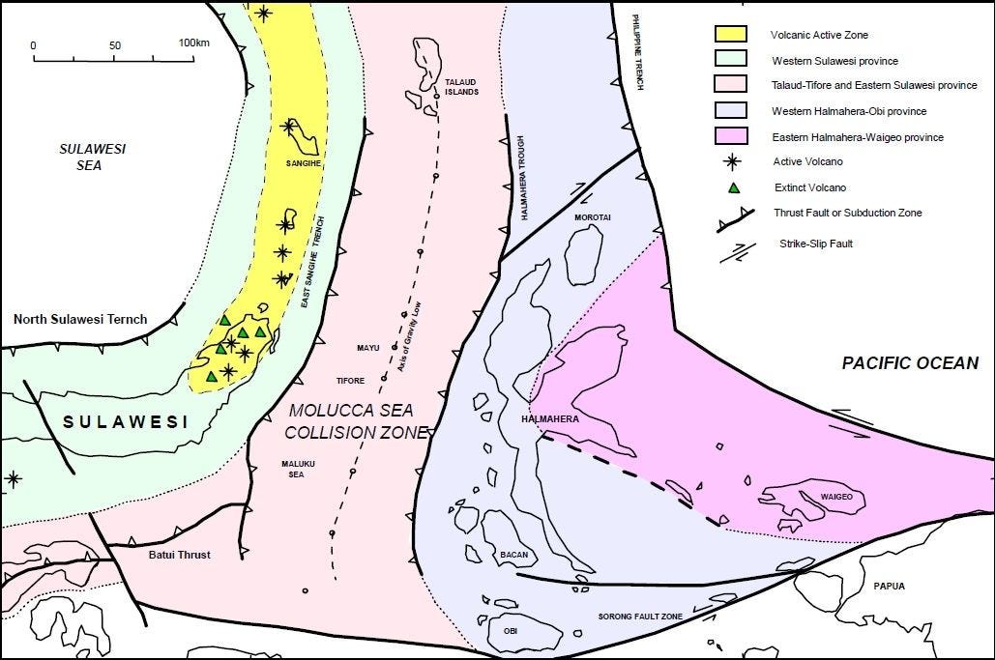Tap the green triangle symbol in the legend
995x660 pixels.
(x=734, y=187)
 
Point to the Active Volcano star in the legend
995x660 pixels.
(x=734, y=161)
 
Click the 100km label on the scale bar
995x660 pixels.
(x=194, y=43)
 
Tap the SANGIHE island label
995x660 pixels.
(x=303, y=164)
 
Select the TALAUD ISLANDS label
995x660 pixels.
(x=461, y=86)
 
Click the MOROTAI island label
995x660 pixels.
(x=592, y=217)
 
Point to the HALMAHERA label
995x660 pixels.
(x=549, y=419)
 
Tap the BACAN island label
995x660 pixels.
(x=513, y=555)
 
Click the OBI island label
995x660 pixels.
(x=511, y=630)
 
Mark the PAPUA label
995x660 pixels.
(x=889, y=585)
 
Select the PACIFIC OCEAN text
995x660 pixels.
(x=909, y=363)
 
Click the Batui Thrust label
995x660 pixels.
(x=180, y=555)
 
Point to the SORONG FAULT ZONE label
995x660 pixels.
(x=640, y=616)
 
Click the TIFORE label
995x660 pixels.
(x=351, y=381)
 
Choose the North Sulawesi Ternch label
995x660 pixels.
(x=79, y=319)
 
